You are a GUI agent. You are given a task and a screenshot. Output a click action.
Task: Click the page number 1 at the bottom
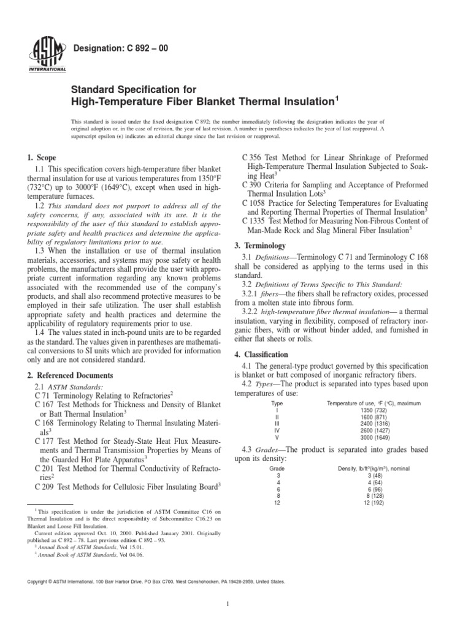click(x=228, y=605)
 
